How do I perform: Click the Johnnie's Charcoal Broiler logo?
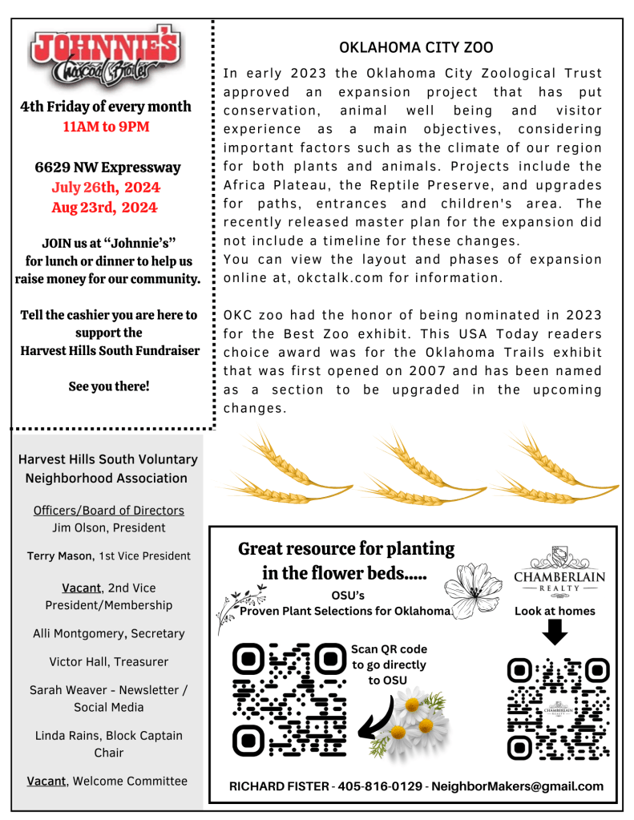click(105, 57)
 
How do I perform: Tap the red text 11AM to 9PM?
click(106, 127)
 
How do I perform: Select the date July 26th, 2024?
click(106, 188)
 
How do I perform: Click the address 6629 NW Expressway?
click(107, 168)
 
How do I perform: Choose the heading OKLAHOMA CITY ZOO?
click(416, 48)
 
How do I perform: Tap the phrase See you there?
click(108, 386)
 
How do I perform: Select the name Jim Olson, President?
click(108, 527)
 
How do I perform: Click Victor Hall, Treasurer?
click(108, 661)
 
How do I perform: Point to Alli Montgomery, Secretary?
click(108, 633)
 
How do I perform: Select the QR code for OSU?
click(289, 699)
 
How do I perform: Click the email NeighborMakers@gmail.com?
click(517, 786)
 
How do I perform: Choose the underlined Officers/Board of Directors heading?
click(108, 511)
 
